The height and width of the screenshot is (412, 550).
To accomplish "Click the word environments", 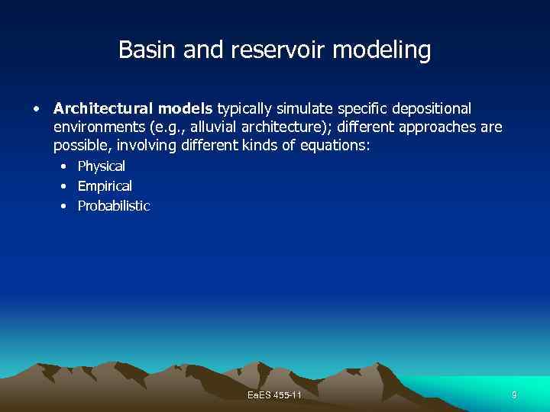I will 99,127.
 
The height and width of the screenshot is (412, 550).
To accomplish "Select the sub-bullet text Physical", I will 102,166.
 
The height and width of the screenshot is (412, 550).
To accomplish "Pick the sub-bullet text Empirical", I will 105,186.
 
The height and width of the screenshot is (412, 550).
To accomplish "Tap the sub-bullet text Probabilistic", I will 114,206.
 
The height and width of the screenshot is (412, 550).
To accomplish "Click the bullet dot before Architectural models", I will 36,109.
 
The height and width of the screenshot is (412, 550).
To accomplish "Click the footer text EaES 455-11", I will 275,394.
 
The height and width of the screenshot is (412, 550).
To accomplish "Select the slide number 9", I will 514,394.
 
